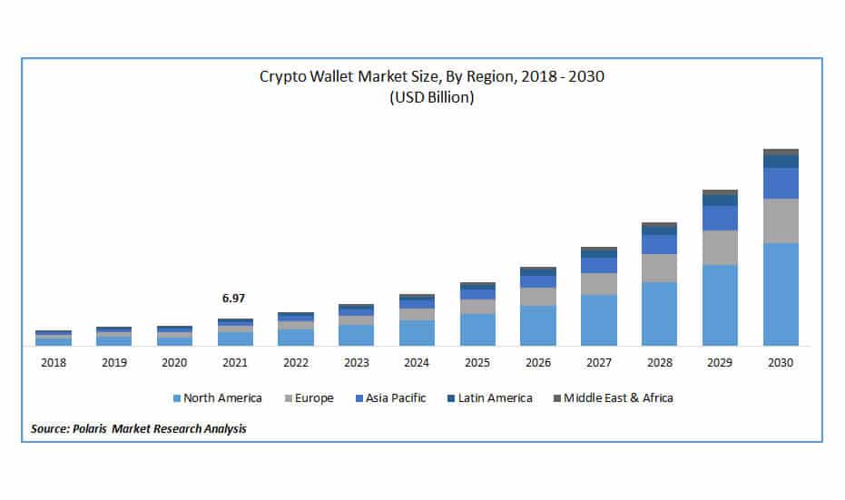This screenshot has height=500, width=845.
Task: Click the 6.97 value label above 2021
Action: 233,298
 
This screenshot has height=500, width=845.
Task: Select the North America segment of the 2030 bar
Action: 781,294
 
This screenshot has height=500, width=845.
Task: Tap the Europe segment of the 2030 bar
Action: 781,221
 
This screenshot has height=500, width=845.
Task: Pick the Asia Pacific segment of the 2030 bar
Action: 781,182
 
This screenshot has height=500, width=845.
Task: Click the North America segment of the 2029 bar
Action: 720,305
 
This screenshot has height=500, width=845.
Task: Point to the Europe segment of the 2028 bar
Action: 659,268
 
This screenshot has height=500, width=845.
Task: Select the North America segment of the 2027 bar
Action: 598,319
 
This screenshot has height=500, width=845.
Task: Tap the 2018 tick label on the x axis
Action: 53,362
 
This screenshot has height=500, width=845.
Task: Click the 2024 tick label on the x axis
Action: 416,362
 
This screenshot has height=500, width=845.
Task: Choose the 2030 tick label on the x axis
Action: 781,362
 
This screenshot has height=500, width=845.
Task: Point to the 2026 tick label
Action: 537,362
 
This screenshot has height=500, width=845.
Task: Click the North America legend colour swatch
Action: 176,398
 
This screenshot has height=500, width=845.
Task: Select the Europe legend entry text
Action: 313,397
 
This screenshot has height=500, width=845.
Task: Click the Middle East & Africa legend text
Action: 619,397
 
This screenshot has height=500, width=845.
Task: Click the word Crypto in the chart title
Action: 281,77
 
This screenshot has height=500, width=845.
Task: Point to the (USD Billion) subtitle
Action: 431,98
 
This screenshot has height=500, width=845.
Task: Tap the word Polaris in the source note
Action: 89,427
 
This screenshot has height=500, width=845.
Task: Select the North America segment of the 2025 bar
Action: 477,329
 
